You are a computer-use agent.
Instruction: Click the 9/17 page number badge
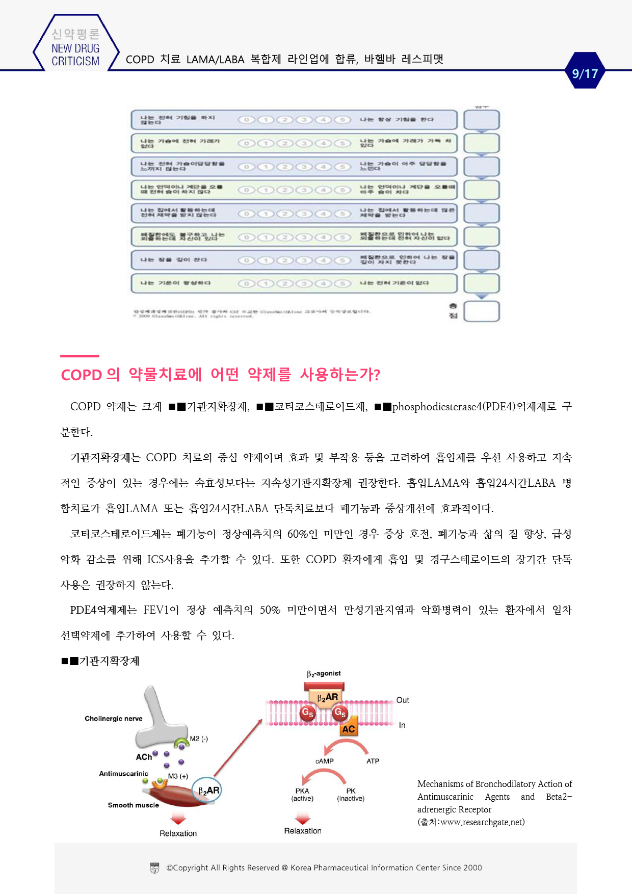[585, 73]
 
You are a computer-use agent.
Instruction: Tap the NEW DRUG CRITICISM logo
[75, 48]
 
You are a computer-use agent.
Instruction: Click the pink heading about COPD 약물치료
[220, 375]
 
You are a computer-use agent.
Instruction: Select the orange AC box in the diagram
[349, 729]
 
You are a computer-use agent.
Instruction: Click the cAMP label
[325, 761]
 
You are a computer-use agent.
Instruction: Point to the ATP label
[373, 761]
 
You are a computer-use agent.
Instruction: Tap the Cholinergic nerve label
[113, 719]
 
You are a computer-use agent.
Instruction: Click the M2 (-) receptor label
[199, 739]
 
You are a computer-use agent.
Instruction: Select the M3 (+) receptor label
[178, 776]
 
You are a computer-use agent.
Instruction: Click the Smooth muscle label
[133, 805]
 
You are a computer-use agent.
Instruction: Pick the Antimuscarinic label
[123, 774]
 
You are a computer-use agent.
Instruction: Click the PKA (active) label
[302, 795]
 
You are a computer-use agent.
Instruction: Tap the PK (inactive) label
[351, 795]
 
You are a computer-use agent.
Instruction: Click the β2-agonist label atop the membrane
[324, 674]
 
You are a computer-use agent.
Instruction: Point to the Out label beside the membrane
[403, 700]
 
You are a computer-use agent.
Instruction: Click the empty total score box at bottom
[481, 311]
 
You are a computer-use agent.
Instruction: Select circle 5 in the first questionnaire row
[343, 120]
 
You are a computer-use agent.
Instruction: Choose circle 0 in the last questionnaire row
[247, 283]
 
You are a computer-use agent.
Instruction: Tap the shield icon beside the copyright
[155, 868]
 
